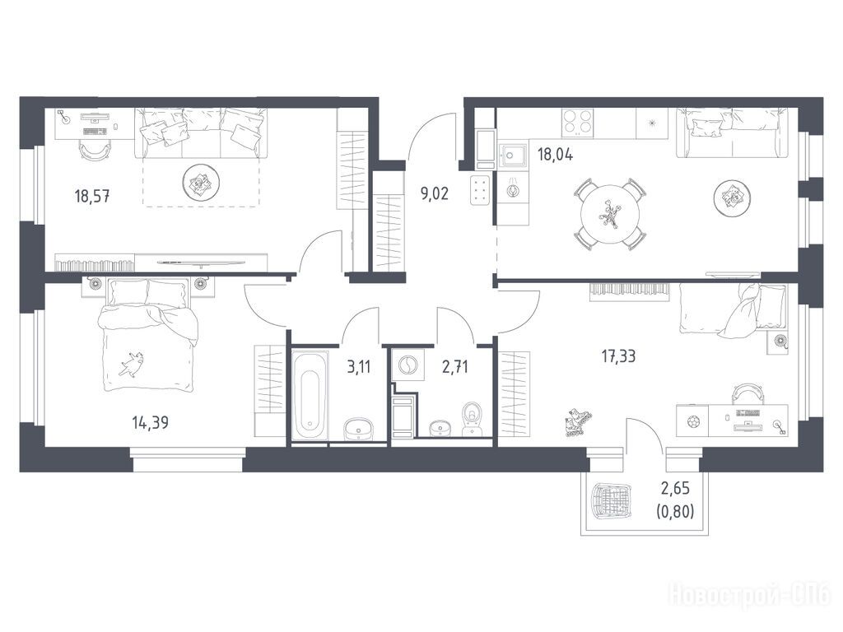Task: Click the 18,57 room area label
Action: point(92,196)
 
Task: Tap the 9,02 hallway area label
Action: point(435,193)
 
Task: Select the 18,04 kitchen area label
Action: point(556,155)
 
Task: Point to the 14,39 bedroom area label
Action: point(150,422)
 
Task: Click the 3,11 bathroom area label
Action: point(359,368)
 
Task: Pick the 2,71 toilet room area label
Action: point(454,367)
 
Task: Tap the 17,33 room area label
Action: point(618,355)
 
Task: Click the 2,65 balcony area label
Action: point(675,489)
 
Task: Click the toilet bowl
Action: point(472,418)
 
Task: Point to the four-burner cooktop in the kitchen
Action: point(578,123)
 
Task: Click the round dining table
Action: point(610,214)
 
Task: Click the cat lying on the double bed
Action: point(131,365)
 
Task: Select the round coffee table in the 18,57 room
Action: point(201,182)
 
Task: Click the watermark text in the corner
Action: point(749,596)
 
